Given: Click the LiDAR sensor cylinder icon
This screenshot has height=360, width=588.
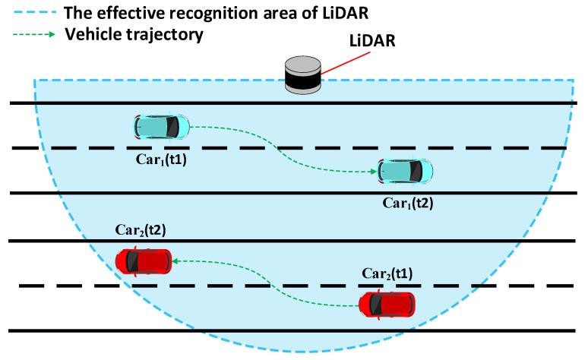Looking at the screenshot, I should pos(303,76).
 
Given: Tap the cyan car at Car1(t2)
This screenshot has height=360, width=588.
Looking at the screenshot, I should pos(406,172).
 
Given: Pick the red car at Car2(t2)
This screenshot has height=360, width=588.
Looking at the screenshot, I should pos(144,261).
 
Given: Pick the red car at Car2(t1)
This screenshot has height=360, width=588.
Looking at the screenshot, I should pos(387,305).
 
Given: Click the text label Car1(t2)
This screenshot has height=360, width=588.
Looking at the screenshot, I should pos(408,203).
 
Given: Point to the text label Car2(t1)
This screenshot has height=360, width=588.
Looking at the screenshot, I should pos(387,275).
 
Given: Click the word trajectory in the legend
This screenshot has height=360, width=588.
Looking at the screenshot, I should pos(160,35).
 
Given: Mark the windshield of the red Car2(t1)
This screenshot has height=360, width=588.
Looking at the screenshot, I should pos(398,305).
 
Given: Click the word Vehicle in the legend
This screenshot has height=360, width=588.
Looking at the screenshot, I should pos(90,35).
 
